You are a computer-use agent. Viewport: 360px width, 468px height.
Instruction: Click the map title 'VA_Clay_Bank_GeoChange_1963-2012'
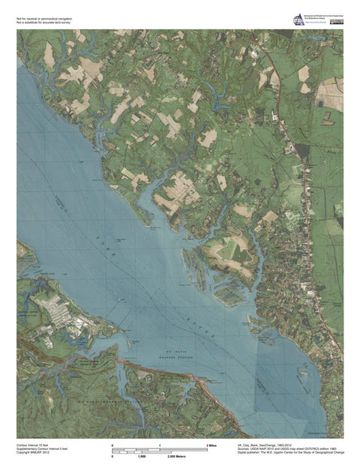(259, 445)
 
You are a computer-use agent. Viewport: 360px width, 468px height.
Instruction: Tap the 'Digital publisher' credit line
(285, 454)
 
